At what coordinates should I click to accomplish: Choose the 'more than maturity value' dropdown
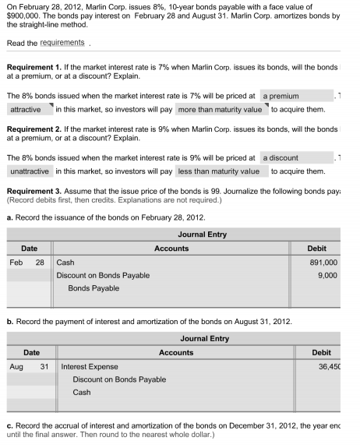(220, 110)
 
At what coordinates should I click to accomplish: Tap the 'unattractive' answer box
(30, 171)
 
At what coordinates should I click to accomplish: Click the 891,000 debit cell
(323, 263)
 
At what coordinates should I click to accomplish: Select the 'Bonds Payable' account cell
(94, 288)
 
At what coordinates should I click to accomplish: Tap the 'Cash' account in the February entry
(66, 263)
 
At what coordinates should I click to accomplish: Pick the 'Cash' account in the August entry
(81, 392)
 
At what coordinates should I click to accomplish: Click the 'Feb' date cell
(16, 263)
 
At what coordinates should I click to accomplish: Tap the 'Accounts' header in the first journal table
(171, 248)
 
